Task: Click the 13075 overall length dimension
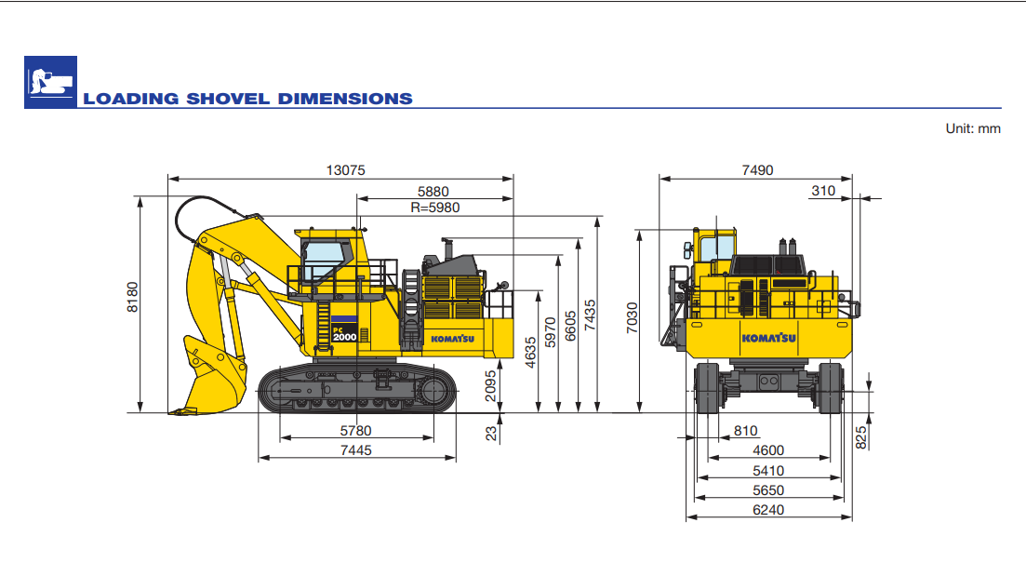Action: [x=345, y=169]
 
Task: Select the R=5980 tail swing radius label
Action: [x=434, y=208]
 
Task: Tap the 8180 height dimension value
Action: [x=132, y=297]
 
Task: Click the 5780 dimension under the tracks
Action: [x=355, y=431]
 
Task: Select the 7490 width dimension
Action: [x=756, y=169]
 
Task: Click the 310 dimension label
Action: [x=822, y=191]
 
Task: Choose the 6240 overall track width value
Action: [x=768, y=510]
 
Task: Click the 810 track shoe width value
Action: [x=745, y=431]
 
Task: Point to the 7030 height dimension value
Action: [x=632, y=319]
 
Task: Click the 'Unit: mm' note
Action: [x=973, y=129]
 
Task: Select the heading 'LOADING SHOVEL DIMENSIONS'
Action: [x=247, y=99]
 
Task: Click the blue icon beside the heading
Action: [x=50, y=83]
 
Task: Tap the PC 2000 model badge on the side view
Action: [x=343, y=332]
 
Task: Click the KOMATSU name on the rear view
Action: [x=768, y=338]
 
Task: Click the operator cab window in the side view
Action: [x=321, y=260]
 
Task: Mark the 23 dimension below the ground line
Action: [x=491, y=431]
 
